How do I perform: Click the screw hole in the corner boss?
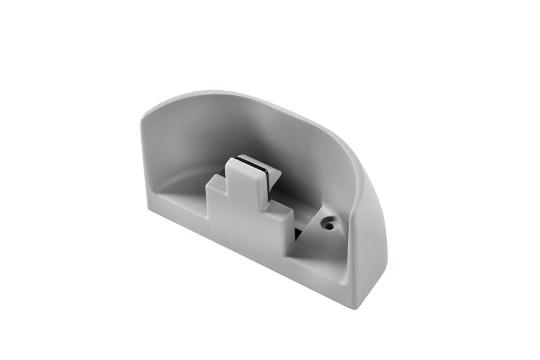click(x=329, y=224)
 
